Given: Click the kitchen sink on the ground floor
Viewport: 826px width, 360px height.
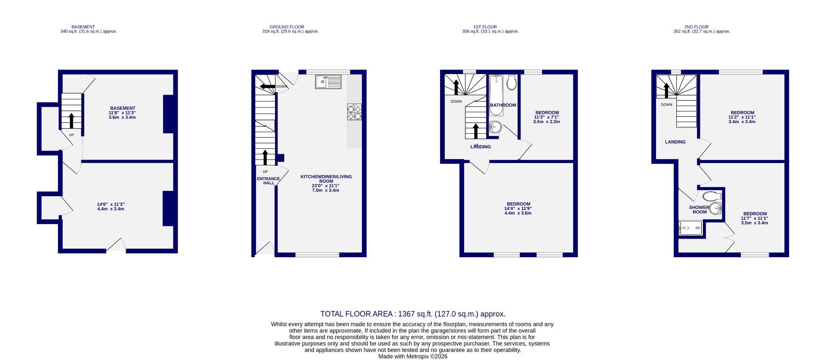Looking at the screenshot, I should pyautogui.click(x=328, y=82).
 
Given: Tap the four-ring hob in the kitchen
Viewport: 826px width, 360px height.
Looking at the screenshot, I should pyautogui.click(x=354, y=112).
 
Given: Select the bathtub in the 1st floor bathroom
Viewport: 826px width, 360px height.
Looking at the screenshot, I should pyautogui.click(x=496, y=95).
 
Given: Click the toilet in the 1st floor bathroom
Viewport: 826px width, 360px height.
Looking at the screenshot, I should pyautogui.click(x=512, y=82).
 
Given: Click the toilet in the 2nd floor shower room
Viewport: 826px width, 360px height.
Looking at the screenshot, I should pyautogui.click(x=712, y=197).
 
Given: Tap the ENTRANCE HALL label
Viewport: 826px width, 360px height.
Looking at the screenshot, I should pyautogui.click(x=268, y=181).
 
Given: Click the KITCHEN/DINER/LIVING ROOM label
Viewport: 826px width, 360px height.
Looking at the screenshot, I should pyautogui.click(x=326, y=179).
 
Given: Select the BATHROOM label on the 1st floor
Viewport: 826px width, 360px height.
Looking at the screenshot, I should pyautogui.click(x=503, y=105).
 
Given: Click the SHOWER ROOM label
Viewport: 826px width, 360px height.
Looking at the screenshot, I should pyautogui.click(x=700, y=209).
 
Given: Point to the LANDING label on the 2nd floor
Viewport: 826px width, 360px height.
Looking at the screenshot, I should pyautogui.click(x=675, y=142).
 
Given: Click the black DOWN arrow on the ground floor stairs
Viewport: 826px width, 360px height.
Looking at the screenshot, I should pyautogui.click(x=268, y=86).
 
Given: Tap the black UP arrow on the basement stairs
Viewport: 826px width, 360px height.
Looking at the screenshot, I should pyautogui.click(x=71, y=121).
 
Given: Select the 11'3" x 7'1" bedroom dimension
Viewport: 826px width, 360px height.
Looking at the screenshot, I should pyautogui.click(x=546, y=117).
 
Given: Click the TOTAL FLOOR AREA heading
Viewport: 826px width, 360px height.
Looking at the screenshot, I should pyautogui.click(x=413, y=314).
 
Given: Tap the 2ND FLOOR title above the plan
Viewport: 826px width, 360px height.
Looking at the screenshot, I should pyautogui.click(x=696, y=27).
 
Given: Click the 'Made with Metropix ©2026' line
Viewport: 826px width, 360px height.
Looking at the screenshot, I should pyautogui.click(x=413, y=357).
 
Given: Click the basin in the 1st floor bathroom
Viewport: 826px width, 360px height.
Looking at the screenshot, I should pyautogui.click(x=495, y=126).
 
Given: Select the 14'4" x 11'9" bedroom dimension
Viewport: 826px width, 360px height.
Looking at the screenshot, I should pyautogui.click(x=518, y=209).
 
